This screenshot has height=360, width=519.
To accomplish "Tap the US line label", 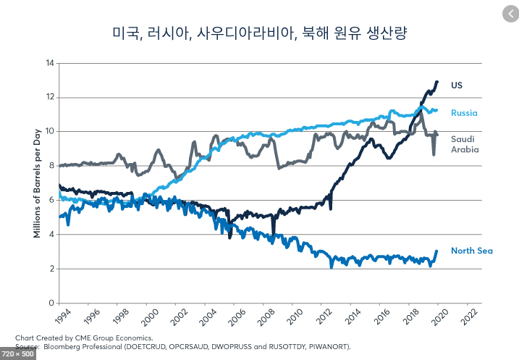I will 457,85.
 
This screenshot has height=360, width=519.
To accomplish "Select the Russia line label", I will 464,113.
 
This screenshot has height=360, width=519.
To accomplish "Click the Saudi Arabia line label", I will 465,144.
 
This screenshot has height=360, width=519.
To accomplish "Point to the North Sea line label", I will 472,251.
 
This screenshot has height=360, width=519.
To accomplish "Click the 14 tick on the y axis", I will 50,63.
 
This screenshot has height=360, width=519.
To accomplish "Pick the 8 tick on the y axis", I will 51,166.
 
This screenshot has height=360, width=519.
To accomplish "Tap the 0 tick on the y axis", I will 51,303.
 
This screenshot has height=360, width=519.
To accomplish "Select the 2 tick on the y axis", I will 51,269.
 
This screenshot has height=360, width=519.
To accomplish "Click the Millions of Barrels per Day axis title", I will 36,181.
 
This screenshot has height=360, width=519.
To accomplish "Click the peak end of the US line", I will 436,82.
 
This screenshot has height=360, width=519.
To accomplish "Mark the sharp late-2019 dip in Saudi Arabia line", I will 434,154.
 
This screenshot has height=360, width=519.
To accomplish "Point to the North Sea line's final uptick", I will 436,251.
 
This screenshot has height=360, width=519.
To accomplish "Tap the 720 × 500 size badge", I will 18,353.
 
